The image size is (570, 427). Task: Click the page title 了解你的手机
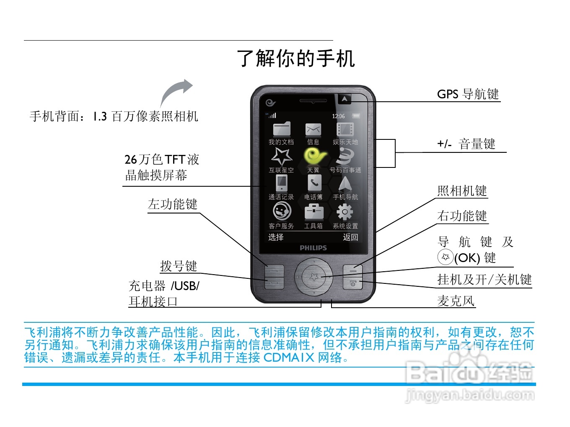[296, 58]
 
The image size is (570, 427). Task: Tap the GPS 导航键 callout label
[468, 94]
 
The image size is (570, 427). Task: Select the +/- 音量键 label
[466, 144]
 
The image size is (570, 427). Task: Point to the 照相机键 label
[462, 191]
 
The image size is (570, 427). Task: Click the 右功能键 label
[462, 216]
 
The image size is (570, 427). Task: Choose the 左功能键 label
[172, 204]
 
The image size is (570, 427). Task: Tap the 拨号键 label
[178, 266]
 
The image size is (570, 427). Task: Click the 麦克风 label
[456, 301]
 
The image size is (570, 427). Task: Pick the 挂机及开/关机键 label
[484, 279]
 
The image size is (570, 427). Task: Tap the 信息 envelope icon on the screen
[313, 129]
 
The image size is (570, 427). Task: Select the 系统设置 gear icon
[345, 212]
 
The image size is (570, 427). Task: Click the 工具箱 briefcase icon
[313, 212]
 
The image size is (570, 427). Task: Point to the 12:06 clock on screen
[338, 116]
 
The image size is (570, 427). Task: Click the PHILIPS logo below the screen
[313, 248]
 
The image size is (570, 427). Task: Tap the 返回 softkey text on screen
[350, 237]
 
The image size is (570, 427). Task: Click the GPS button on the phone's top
[345, 99]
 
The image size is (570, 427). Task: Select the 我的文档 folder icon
[281, 129]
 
